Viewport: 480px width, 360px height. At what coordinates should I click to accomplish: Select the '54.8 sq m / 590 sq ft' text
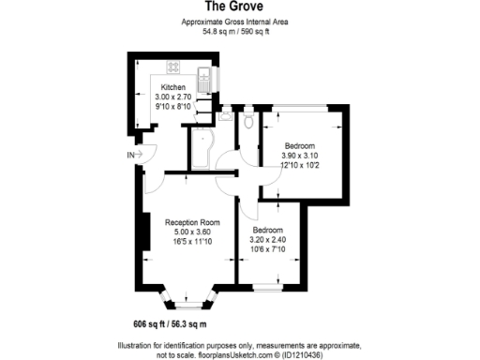pyautogui.click(x=239, y=30)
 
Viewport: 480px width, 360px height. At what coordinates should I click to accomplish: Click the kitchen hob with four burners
pyautogui.click(x=174, y=67)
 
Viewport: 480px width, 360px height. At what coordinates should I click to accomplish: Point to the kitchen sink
pyautogui.click(x=206, y=75)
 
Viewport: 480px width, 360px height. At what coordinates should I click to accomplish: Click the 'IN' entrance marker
pyautogui.click(x=129, y=154)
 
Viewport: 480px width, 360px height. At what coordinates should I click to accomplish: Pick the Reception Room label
pyautogui.click(x=191, y=222)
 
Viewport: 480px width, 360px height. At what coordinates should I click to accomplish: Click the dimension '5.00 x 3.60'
pyautogui.click(x=191, y=232)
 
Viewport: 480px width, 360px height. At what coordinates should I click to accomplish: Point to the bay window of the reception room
pyautogui.click(x=191, y=298)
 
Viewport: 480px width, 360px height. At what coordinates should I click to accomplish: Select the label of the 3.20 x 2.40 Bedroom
pyautogui.click(x=268, y=230)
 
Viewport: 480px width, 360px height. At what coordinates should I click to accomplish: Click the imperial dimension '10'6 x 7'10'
pyautogui.click(x=268, y=248)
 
